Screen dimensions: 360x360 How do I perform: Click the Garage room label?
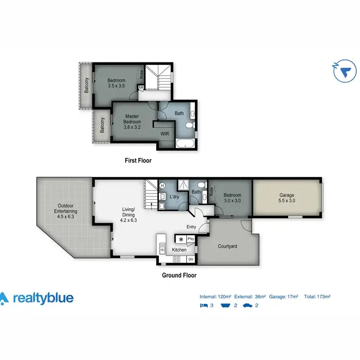[287, 198]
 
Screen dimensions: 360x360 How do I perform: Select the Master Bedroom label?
[132, 121]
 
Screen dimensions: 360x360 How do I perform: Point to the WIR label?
[165, 133]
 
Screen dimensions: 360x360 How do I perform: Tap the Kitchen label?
[180, 250]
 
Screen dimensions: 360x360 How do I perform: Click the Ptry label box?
[191, 239]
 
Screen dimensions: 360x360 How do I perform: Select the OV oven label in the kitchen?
[191, 259]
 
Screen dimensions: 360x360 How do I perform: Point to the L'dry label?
[175, 197]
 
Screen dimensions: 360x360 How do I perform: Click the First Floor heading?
[138, 161]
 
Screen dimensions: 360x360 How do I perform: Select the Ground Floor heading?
[180, 276]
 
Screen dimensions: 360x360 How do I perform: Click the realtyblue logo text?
[43, 298]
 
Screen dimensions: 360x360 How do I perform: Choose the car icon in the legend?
[247, 306]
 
